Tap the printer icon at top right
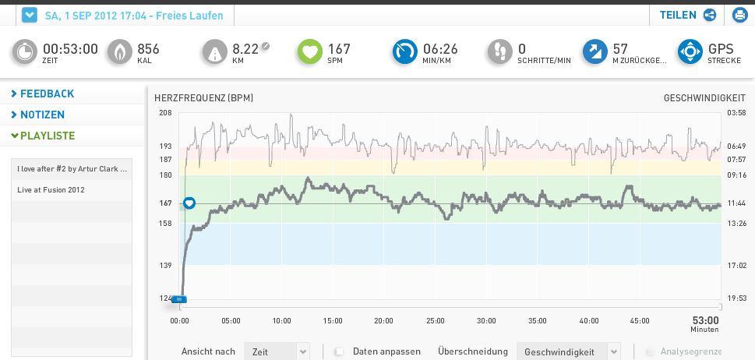739,15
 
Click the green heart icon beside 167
309,52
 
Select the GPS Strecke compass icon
690,52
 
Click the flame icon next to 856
119,52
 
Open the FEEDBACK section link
47,94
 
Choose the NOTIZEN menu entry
42,115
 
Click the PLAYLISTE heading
48,136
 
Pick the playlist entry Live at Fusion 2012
51,189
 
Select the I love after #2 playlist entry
72,168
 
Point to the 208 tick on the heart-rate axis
165,113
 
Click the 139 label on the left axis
165,266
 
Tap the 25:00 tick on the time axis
435,321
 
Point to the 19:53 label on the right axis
736,298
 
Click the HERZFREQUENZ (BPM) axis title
203,98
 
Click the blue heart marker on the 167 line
189,203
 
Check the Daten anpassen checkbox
339,351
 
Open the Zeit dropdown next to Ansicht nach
277,351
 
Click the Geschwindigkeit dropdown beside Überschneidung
569,351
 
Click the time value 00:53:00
70,49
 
